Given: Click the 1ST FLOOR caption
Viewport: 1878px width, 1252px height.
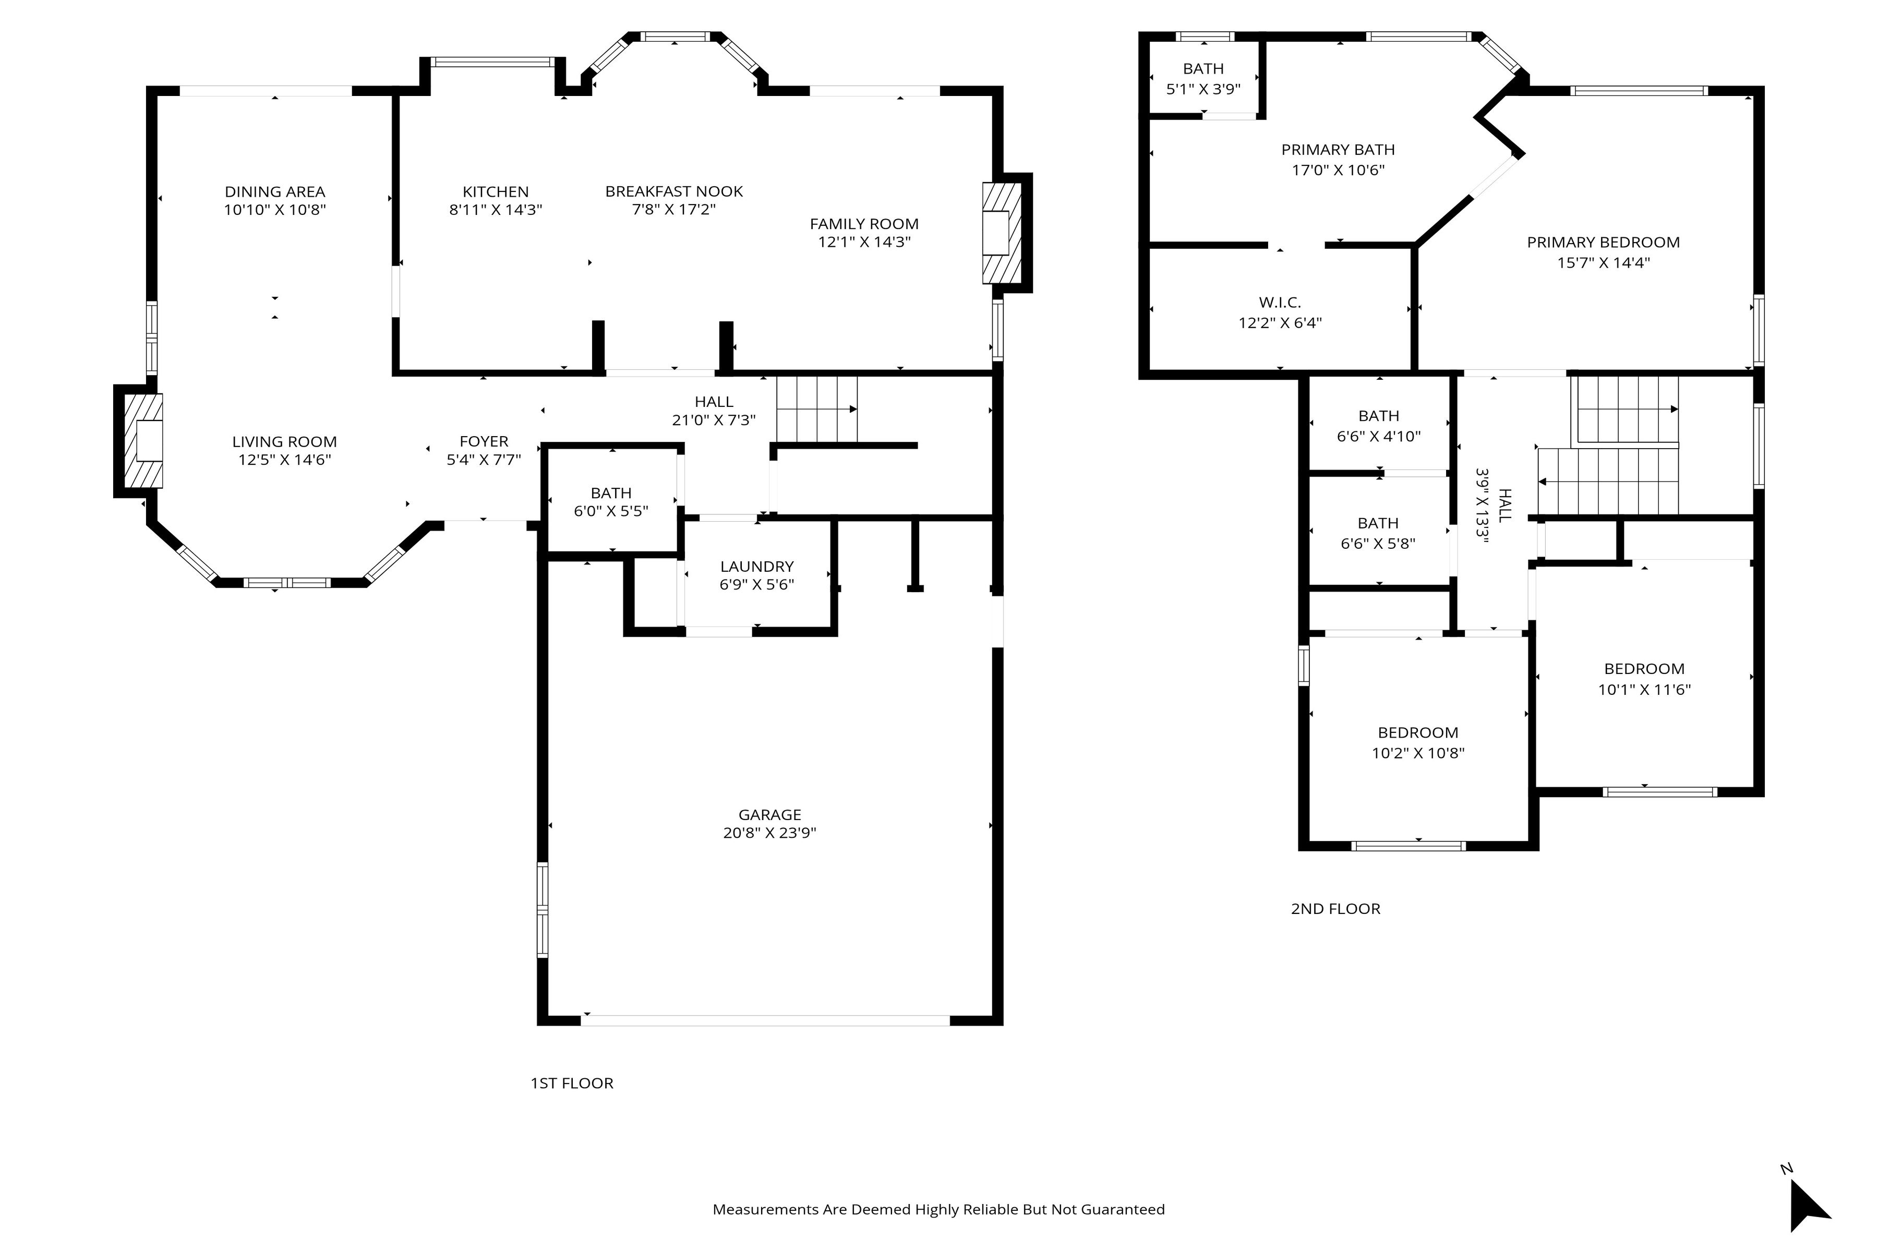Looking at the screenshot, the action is coord(572,1083).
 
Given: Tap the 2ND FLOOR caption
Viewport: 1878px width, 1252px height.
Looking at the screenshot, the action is coord(1335,908).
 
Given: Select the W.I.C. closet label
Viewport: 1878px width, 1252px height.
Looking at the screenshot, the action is coord(1280,303).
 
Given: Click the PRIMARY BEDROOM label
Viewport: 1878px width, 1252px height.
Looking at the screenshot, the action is coord(1603,242).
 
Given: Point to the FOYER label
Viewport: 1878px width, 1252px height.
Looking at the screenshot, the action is coord(484,441).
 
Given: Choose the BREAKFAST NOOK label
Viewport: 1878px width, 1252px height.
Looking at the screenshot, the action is coord(674,191).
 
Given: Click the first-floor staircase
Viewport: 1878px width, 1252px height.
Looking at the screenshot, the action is coord(817,409).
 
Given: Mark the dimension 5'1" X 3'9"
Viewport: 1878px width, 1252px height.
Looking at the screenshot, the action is coord(1203,89).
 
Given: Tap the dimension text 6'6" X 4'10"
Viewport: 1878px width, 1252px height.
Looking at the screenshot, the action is coord(1379,436).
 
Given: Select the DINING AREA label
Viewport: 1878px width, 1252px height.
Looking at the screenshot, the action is coord(275,191).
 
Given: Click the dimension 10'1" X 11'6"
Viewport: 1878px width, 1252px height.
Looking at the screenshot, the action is coord(1644,689).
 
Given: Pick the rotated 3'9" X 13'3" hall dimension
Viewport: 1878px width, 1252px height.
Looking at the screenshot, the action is coord(1484,506).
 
